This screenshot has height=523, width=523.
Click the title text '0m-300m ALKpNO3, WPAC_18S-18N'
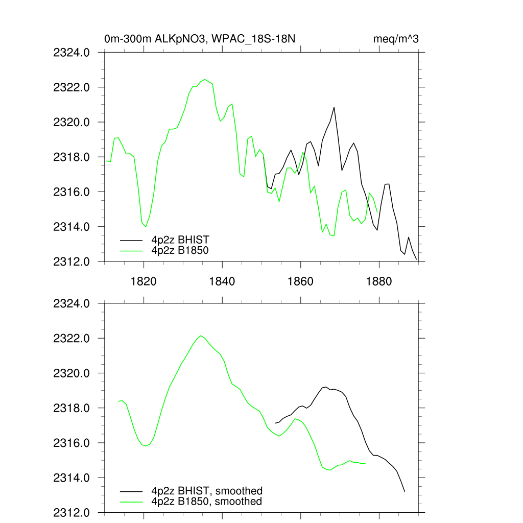coord(200,38)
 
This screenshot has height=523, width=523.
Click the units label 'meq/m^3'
coord(396,38)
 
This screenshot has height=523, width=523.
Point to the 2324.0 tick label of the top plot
coord(72,52)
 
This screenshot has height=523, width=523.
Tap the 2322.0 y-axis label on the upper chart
coord(72,87)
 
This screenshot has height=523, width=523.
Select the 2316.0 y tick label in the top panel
coord(72,192)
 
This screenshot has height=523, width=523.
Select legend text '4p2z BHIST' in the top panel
coord(180,240)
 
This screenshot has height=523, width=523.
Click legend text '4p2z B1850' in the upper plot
coord(180,250)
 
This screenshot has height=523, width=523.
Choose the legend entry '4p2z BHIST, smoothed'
coord(207,491)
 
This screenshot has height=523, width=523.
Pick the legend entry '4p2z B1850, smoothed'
coord(207,502)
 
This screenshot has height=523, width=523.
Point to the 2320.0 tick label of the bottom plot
coord(72,373)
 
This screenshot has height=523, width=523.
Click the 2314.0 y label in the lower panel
coord(72,478)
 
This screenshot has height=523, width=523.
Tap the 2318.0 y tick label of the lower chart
coord(72,409)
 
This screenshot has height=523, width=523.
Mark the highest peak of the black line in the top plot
coord(334,107)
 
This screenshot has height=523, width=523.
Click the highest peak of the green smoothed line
coord(201,336)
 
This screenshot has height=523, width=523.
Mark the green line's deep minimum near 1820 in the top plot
coord(146,227)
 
